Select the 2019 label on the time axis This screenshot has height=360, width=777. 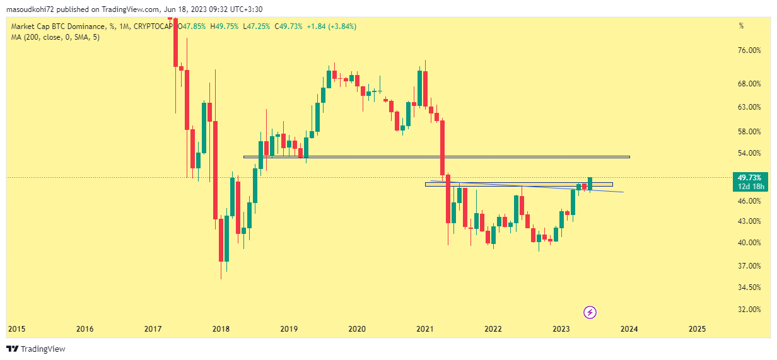[x=289, y=329]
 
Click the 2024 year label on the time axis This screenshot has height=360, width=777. [x=629, y=329]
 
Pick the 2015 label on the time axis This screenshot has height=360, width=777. [x=16, y=329]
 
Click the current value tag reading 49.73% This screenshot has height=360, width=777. [x=751, y=178]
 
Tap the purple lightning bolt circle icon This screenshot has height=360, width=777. [x=590, y=312]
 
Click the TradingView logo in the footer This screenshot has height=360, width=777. [x=36, y=349]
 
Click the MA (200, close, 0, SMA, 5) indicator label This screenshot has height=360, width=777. [x=56, y=37]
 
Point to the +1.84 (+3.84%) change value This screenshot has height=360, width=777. [x=331, y=26]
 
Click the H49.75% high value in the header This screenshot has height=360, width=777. [x=225, y=26]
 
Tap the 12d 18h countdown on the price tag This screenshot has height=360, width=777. [x=751, y=187]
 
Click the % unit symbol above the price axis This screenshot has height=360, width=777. [x=742, y=26]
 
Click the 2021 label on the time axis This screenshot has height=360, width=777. [x=425, y=329]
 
